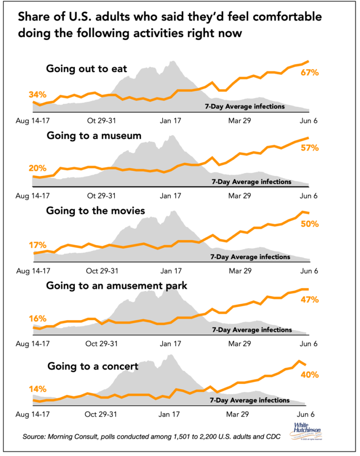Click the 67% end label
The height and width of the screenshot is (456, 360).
[x=309, y=73]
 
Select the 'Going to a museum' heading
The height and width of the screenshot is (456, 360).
[x=94, y=136]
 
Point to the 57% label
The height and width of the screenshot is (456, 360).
[x=309, y=147]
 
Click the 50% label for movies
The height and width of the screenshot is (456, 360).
[x=309, y=224]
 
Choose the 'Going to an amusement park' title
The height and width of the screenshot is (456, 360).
[x=117, y=286]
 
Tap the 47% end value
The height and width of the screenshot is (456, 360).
[x=309, y=300]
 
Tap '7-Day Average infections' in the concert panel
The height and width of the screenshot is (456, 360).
[x=249, y=400]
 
